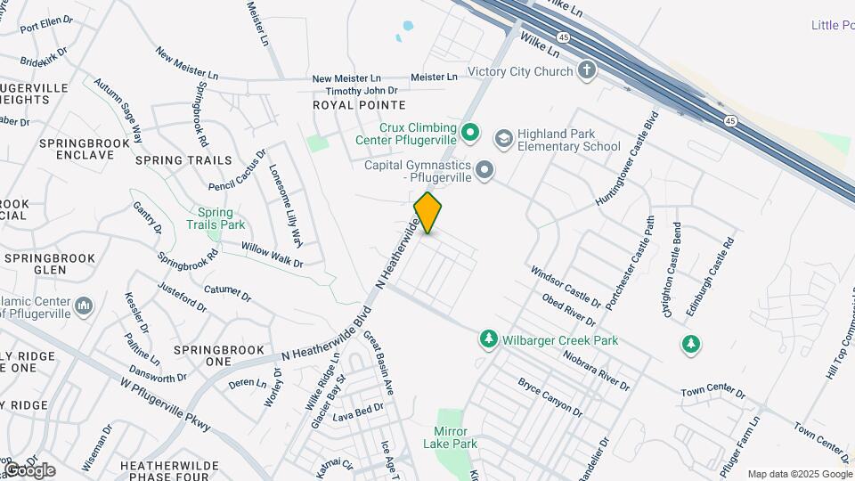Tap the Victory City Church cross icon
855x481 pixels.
[x=586, y=70]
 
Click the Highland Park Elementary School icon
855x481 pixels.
[x=503, y=137]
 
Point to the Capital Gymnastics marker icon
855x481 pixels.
[x=484, y=169]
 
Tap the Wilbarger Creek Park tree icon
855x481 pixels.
[x=488, y=339]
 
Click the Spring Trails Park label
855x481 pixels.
[x=215, y=219]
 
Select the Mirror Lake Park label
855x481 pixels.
[x=456, y=437]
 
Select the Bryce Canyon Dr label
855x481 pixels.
[x=550, y=397]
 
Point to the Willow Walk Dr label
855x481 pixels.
[x=272, y=256]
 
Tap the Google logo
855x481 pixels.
[x=29, y=469]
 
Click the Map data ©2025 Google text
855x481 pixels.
[x=799, y=474]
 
